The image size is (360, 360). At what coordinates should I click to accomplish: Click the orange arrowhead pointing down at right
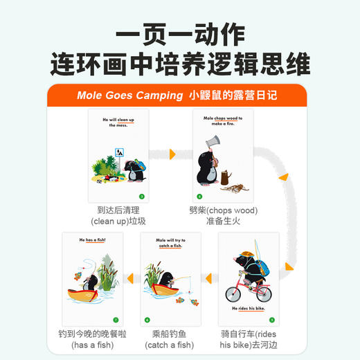tap(284, 178)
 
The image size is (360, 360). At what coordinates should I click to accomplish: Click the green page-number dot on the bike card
tap(271, 320)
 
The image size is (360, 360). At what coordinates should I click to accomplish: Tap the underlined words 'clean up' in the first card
tap(129, 120)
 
